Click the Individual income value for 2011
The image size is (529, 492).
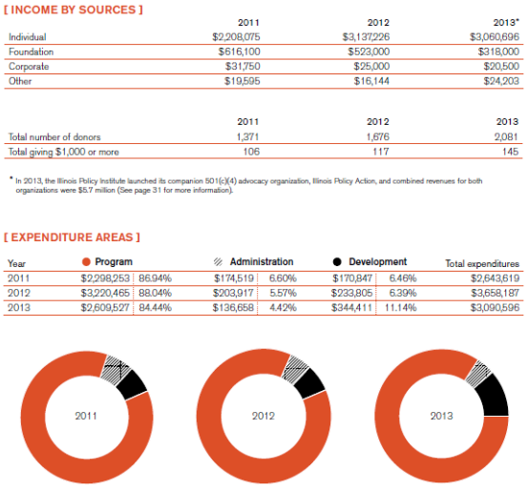click(x=236, y=37)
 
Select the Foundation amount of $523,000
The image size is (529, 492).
click(x=369, y=51)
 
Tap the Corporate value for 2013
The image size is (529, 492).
click(x=501, y=66)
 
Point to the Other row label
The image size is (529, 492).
click(x=20, y=81)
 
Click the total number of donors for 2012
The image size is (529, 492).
click(x=378, y=136)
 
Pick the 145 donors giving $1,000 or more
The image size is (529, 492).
click(x=510, y=152)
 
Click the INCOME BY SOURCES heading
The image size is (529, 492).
click(x=74, y=10)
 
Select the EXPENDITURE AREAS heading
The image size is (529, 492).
click(x=72, y=237)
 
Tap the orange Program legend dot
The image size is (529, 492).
click(x=86, y=262)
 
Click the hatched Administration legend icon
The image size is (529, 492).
click(x=219, y=262)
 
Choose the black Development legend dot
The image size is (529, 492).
click(x=337, y=262)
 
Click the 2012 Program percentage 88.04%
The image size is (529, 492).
click(x=156, y=293)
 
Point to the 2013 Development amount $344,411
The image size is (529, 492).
click(x=351, y=308)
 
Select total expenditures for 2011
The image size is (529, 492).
click(x=495, y=278)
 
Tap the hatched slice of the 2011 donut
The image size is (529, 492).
click(x=116, y=370)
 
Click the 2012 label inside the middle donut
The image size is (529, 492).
click(x=264, y=416)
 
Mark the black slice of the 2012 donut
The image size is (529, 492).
click(x=310, y=383)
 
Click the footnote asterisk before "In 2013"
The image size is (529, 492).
click(x=11, y=178)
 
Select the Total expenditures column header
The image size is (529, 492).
click(x=482, y=263)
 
